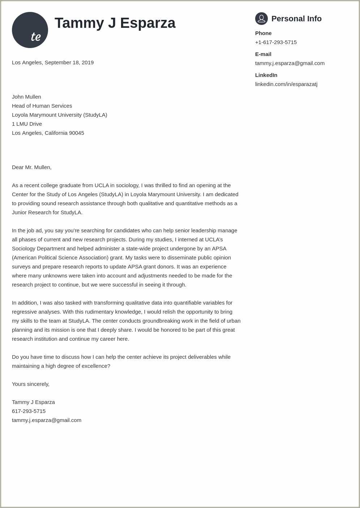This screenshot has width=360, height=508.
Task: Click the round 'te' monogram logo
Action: [30, 30]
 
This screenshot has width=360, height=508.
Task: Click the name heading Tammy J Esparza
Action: [115, 23]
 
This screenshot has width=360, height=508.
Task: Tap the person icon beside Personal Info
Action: [261, 18]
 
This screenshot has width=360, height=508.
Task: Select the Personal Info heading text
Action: [296, 19]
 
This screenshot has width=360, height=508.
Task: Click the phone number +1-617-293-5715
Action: [276, 42]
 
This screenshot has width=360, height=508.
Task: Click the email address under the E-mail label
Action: [290, 63]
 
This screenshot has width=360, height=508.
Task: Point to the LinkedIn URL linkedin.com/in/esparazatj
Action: [286, 84]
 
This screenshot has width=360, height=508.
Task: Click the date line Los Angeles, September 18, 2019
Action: [53, 63]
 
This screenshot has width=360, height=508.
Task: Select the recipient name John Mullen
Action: [26, 97]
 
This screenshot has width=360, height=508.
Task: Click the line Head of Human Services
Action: [42, 106]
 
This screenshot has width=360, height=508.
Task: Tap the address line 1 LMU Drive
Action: [27, 124]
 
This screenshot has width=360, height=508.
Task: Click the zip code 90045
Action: [77, 133]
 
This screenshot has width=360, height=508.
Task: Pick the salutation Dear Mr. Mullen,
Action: [32, 167]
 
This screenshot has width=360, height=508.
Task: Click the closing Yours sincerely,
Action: [31, 384]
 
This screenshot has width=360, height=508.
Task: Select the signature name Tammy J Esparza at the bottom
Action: [33, 402]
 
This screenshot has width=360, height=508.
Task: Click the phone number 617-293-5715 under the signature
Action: [29, 411]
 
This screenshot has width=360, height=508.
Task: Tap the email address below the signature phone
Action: [47, 420]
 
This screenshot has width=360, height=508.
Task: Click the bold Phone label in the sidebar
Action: [263, 33]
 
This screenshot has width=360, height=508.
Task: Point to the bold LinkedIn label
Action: [266, 75]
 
